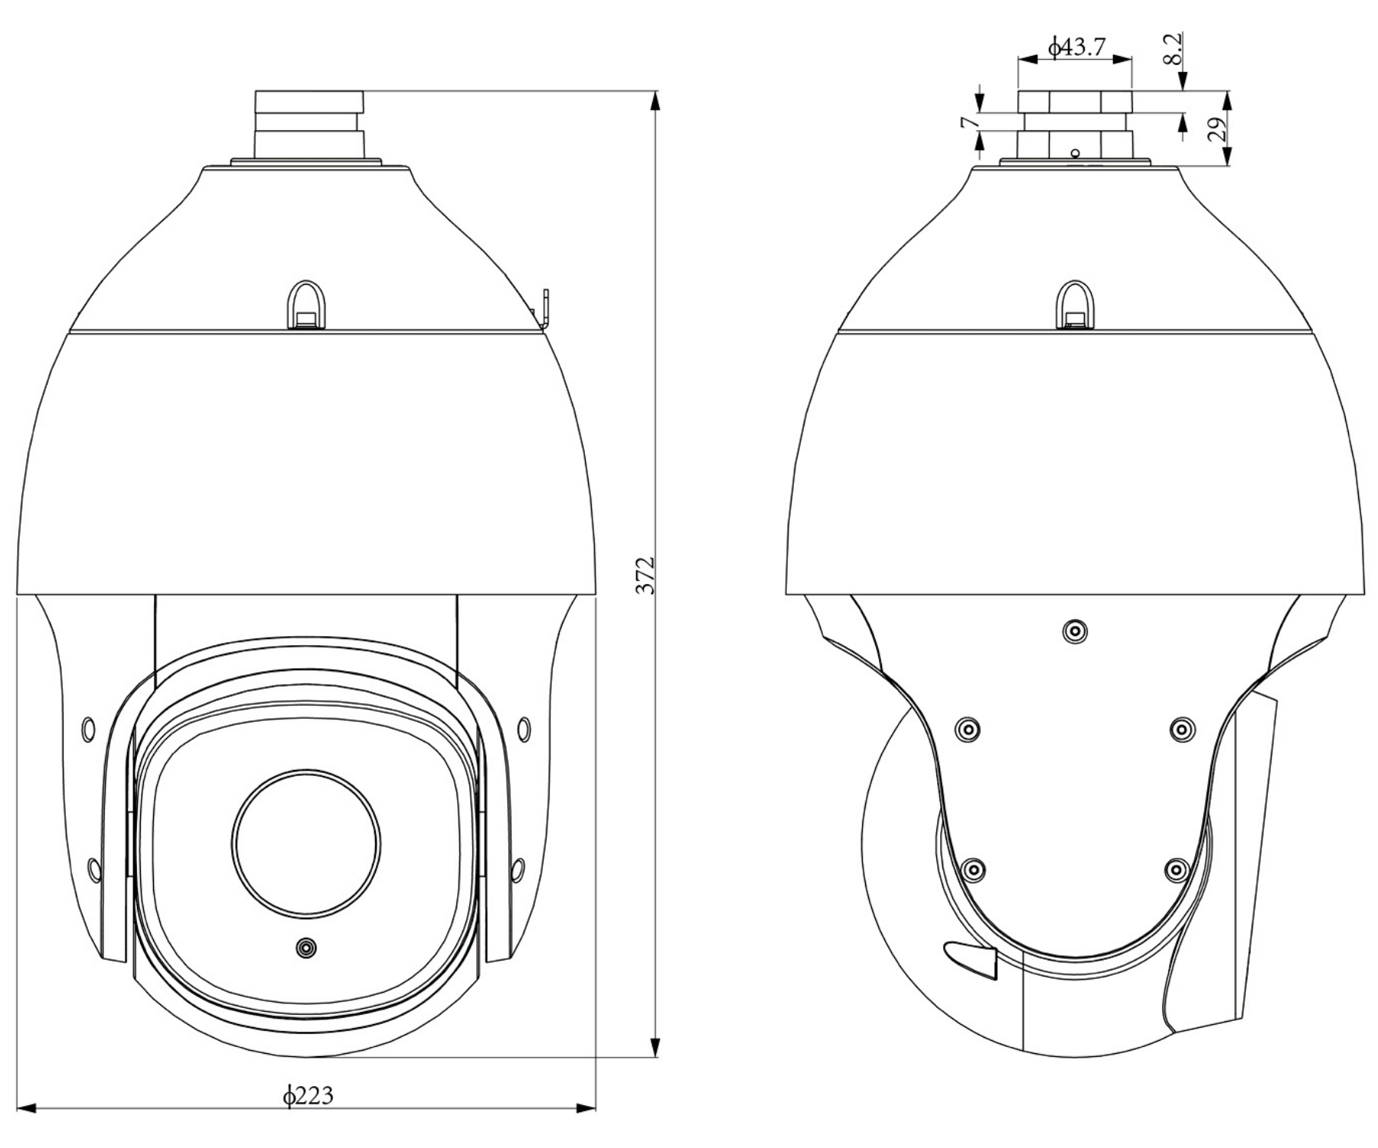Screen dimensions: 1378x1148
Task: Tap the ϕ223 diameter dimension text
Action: pyautogui.click(x=309, y=1096)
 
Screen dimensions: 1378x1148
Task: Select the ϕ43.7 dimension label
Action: pyautogui.click(x=1076, y=47)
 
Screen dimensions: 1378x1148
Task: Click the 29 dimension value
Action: pyautogui.click(x=1216, y=128)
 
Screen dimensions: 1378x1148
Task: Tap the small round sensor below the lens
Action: pyautogui.click(x=306, y=947)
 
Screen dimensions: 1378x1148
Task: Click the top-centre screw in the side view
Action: pyautogui.click(x=1075, y=631)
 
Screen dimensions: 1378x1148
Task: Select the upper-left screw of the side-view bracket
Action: pyautogui.click(x=968, y=729)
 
